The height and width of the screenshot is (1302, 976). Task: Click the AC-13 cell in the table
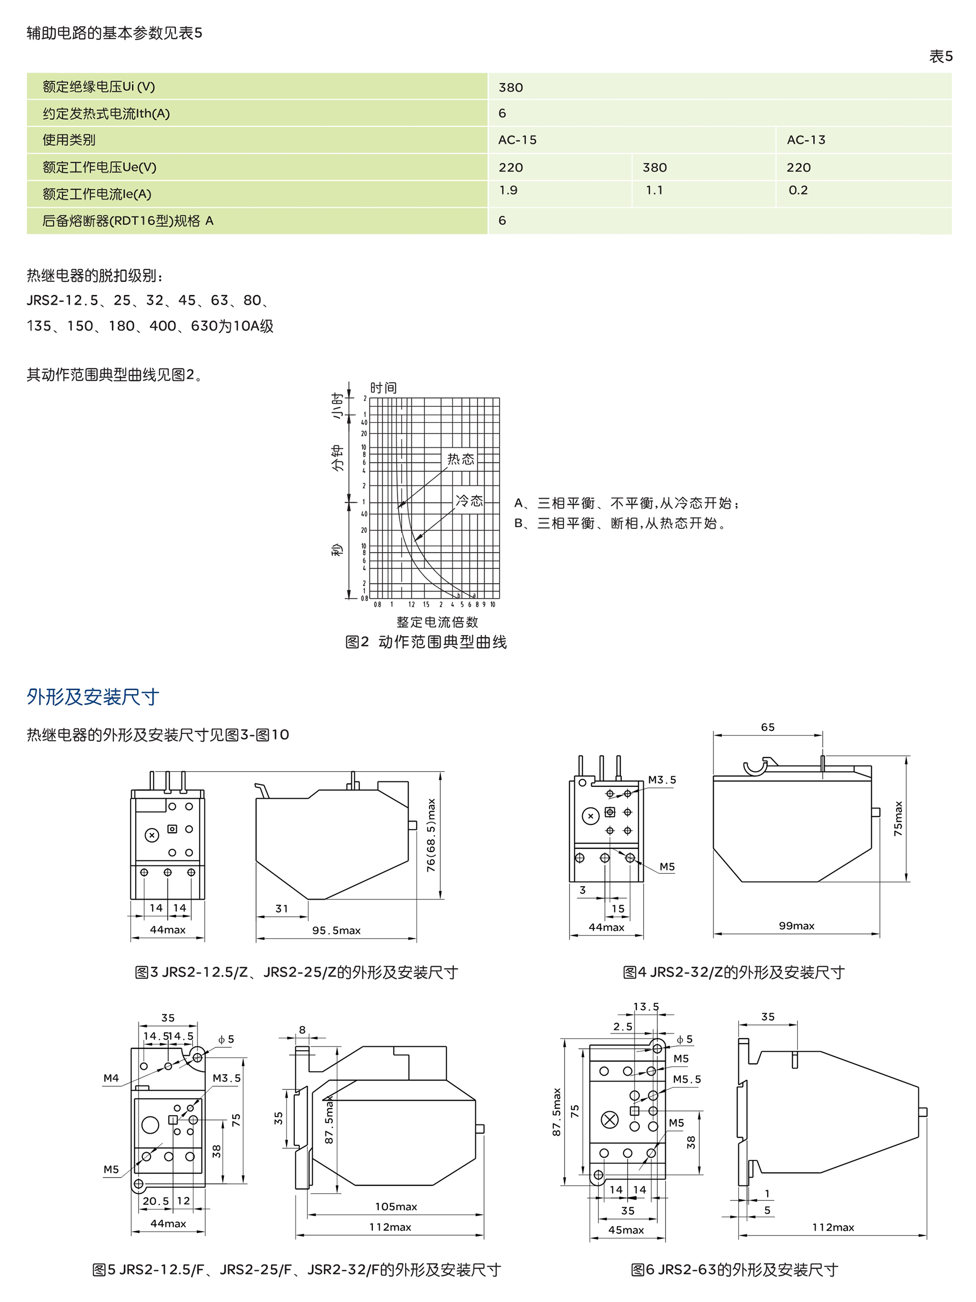click(805, 140)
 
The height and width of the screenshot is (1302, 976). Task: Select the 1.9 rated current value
click(508, 190)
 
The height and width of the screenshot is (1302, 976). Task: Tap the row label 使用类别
click(69, 140)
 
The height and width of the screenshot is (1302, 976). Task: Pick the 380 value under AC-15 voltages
click(654, 168)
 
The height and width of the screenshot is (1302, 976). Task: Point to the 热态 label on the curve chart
click(460, 459)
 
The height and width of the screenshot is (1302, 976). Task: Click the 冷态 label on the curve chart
click(469, 501)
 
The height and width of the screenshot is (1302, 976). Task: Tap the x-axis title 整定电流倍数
click(437, 622)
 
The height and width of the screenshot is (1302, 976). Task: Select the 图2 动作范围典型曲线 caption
click(426, 642)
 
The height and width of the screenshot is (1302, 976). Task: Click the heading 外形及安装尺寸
click(93, 697)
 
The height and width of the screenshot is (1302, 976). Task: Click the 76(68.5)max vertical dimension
click(431, 835)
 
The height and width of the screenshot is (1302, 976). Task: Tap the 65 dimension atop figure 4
click(768, 727)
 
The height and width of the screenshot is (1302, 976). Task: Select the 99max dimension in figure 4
click(796, 926)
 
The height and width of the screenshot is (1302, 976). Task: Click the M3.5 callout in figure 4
click(662, 780)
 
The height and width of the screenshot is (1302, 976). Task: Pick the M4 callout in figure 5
click(111, 1078)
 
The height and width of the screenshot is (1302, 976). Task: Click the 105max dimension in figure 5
click(396, 1207)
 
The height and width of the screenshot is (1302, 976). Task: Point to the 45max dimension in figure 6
click(626, 1230)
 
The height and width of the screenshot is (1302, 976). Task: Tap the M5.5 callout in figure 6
click(687, 1080)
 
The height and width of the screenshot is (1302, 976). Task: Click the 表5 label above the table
click(940, 57)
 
